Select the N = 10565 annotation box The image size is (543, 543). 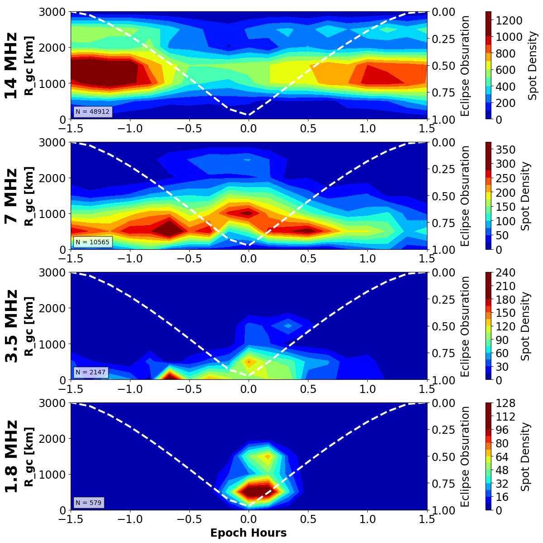92,242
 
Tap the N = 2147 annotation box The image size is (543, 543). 91,372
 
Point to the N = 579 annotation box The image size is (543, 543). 89,502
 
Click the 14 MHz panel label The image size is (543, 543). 11,65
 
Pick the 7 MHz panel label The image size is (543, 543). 11,196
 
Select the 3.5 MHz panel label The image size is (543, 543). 11,326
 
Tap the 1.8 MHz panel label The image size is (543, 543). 11,456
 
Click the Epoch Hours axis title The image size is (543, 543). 248,533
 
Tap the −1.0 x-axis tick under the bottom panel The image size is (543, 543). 130,519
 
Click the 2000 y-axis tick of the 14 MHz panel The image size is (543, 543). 54,48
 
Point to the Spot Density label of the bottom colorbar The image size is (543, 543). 525,456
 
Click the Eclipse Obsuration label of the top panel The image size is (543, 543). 465,65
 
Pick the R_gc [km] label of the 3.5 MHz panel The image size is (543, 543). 29,326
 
